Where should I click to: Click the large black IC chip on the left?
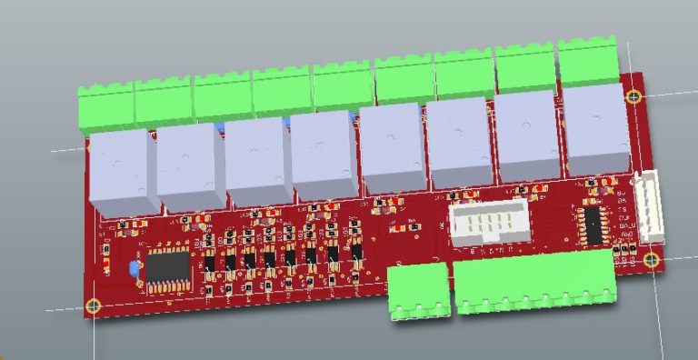click(x=167, y=267)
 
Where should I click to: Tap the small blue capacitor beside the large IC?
click(x=135, y=268)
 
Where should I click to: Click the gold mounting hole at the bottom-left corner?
click(x=93, y=305)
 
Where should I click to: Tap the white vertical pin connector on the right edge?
click(x=650, y=207)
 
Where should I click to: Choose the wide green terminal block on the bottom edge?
click(x=533, y=283)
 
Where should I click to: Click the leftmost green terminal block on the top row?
click(x=106, y=107)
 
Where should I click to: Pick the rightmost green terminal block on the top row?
click(x=587, y=62)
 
